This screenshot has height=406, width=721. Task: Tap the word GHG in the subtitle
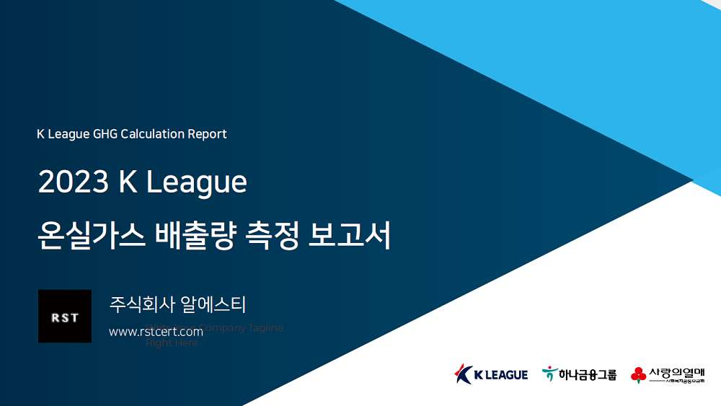coord(105,134)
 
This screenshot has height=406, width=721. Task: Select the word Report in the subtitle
coord(208,134)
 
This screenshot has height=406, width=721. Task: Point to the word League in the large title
coord(196,183)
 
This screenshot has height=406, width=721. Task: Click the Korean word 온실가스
coord(89,236)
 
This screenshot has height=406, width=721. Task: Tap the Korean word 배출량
coord(195,236)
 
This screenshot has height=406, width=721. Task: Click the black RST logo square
coord(65,317)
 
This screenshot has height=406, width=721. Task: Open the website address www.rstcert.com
coord(156,332)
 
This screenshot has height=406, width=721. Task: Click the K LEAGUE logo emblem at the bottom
coord(463,374)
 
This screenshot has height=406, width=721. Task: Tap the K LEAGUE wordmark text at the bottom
coord(501,375)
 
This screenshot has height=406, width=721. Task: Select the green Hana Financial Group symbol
coord(549,374)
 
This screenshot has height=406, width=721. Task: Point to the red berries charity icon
coord(638,374)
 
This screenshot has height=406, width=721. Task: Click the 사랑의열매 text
coord(676,372)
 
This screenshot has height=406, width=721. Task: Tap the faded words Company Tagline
coord(241,328)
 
